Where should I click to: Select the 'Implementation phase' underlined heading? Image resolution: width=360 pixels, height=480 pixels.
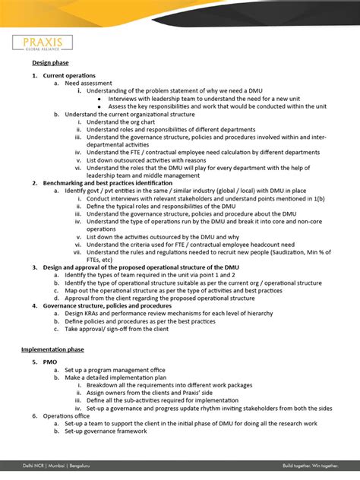pos(52,349)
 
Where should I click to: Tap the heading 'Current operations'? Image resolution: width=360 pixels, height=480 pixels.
pos(69,76)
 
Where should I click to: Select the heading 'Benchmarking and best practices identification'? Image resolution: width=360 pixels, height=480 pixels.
pos(118,183)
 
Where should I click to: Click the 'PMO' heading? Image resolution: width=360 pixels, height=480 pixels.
pos(50,362)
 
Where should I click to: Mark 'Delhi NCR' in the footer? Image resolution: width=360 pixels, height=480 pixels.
pos(34,463)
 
